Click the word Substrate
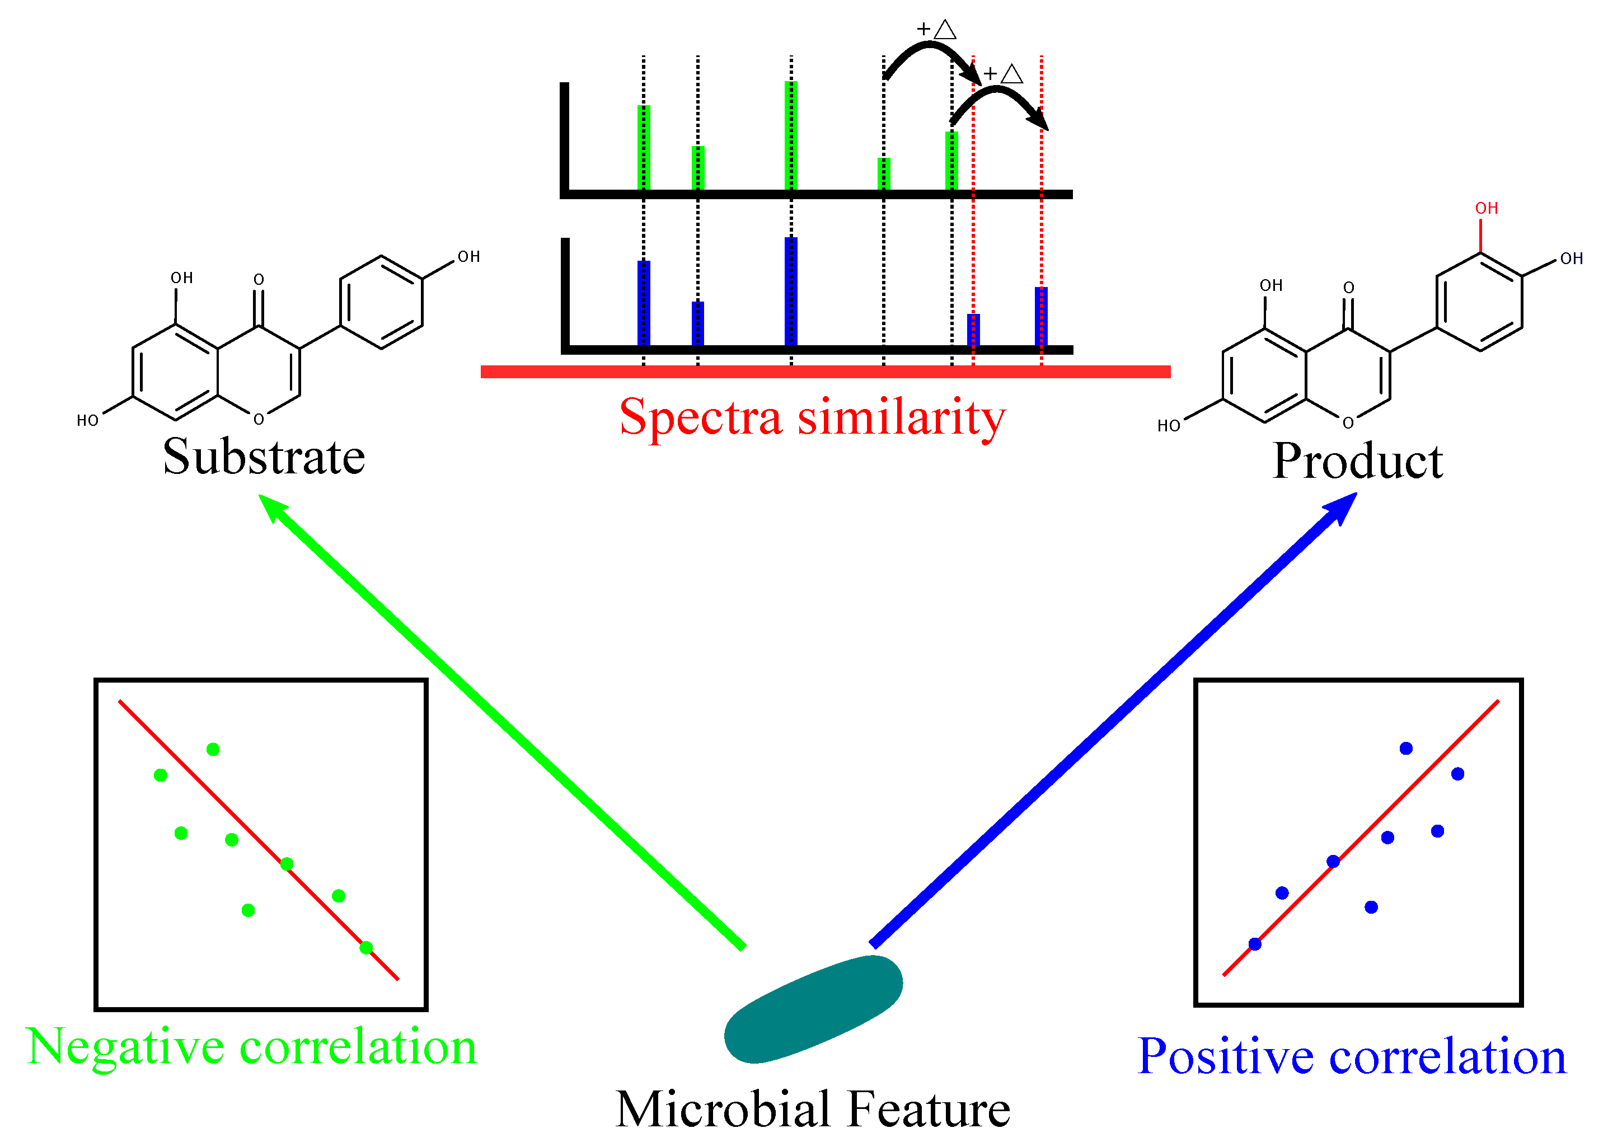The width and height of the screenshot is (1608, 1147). point(264,457)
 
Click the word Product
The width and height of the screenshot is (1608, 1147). point(1357,461)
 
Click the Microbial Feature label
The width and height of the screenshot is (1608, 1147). point(813,1110)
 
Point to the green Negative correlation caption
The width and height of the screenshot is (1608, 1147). point(251,1047)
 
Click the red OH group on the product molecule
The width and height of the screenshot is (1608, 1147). point(1487,208)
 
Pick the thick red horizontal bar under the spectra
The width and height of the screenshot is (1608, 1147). point(825,372)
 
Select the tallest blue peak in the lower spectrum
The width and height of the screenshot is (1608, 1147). point(791,291)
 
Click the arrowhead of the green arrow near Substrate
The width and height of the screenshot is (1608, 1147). point(273,507)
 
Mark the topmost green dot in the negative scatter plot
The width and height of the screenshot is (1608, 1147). point(213,749)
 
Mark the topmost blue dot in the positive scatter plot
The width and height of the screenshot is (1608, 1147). point(1406,749)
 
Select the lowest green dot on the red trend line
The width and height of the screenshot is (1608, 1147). point(366,948)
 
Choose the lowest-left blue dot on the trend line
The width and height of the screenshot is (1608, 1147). point(1255,943)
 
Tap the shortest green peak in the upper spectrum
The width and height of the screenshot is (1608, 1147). point(883,174)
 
